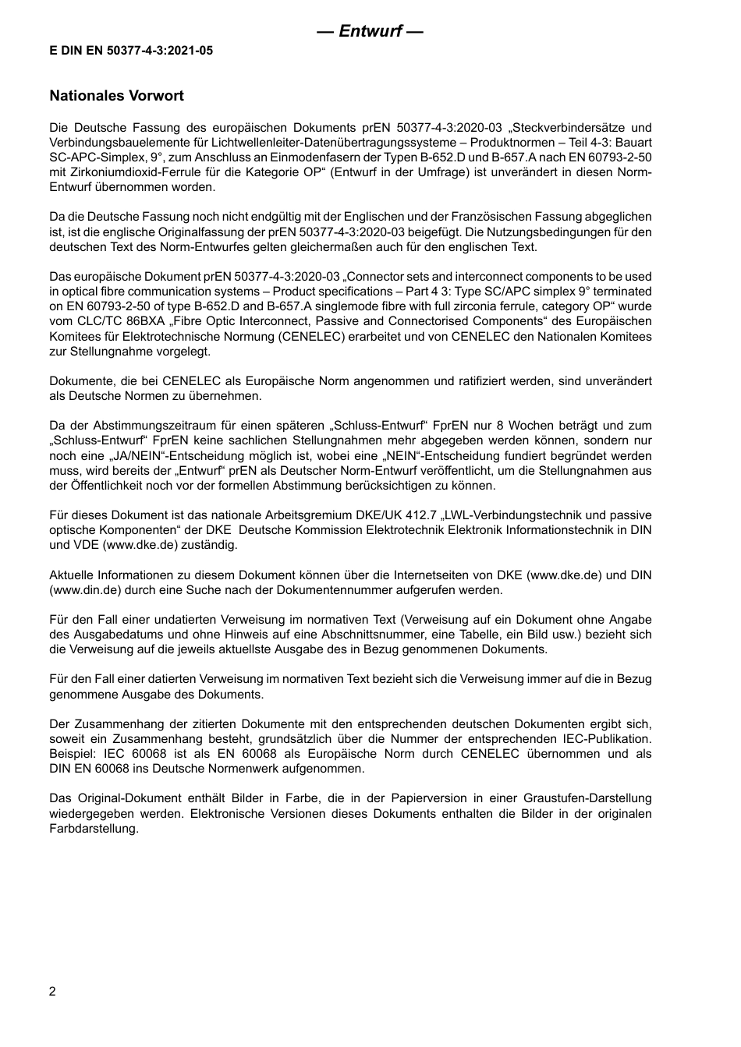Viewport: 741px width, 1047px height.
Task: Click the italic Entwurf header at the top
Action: pyautogui.click(x=370, y=32)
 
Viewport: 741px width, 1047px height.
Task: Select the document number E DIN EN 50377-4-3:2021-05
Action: pyautogui.click(x=131, y=51)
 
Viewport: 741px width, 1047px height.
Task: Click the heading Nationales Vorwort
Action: pyautogui.click(x=117, y=96)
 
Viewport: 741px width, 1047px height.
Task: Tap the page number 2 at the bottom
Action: pyautogui.click(x=52, y=992)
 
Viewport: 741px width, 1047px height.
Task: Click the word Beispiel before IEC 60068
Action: pyautogui.click(x=73, y=754)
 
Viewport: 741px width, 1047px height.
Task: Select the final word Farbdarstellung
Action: pyautogui.click(x=94, y=829)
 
